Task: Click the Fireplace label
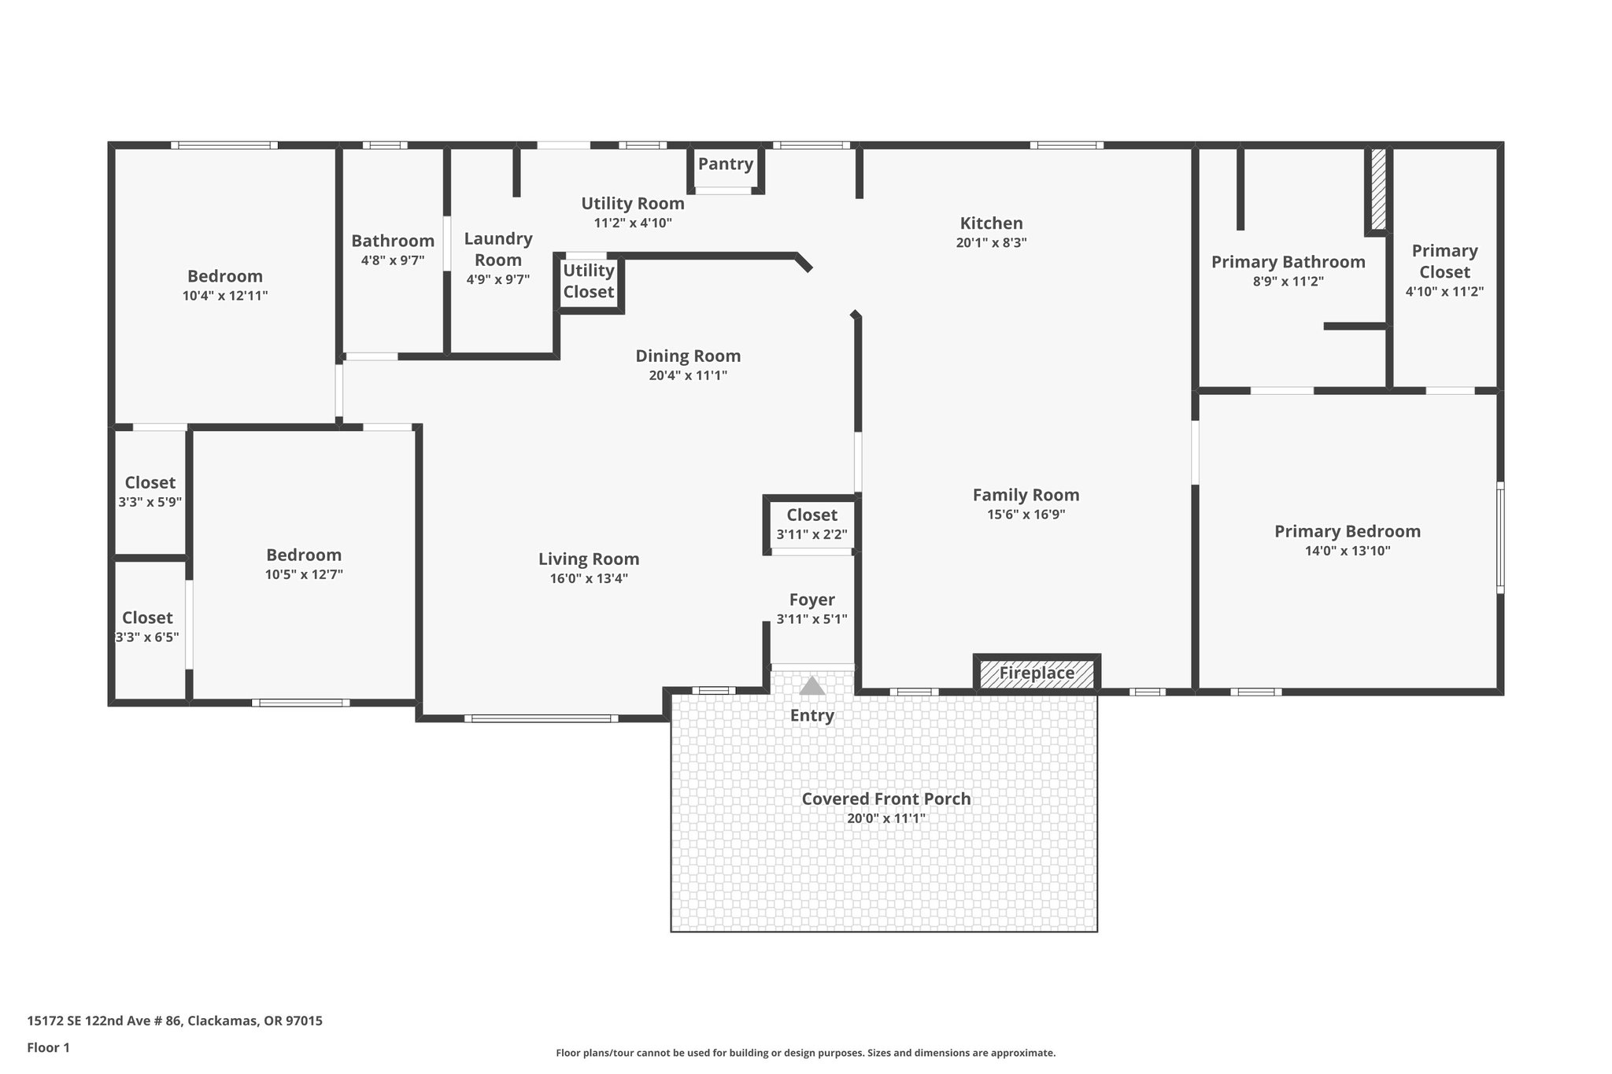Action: pos(1037,674)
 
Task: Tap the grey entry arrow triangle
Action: pos(812,686)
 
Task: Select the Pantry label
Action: pos(725,164)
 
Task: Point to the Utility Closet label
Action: pos(589,281)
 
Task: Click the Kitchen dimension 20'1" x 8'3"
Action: pos(991,243)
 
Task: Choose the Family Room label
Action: pos(1026,495)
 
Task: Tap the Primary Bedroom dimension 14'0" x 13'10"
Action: pos(1348,551)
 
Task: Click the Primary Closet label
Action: pos(1444,261)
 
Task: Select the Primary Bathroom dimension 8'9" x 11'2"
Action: pos(1288,282)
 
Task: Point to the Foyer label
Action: pos(812,600)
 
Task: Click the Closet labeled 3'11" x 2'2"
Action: pos(812,515)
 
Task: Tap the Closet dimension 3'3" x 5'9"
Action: pos(150,502)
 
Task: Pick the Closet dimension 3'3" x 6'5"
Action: pos(147,637)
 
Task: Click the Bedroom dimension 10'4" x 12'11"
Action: pos(224,296)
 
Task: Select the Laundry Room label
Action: pos(497,249)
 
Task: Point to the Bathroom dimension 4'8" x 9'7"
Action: pos(393,260)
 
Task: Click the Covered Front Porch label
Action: pos(885,799)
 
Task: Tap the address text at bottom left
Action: pos(175,1021)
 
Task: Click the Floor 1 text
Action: pos(49,1047)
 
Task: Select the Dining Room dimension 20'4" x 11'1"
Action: pos(688,376)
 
